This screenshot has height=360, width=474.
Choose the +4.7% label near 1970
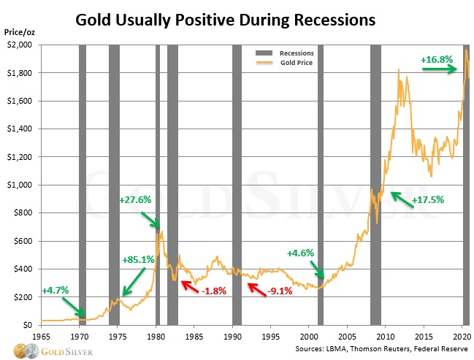pyautogui.click(x=56, y=290)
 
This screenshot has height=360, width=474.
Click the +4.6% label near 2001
pyautogui.click(x=300, y=253)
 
